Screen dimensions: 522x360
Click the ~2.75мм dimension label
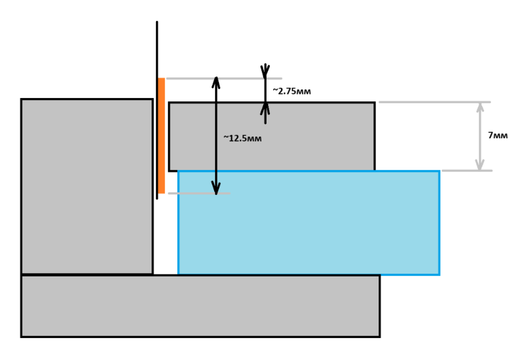point(292,91)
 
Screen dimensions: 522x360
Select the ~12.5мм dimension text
point(243,138)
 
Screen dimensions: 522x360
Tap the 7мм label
point(498,135)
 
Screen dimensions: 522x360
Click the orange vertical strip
point(162,136)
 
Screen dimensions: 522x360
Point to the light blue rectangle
point(309,223)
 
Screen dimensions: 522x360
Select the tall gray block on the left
point(87,186)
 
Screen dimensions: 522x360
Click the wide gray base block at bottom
point(200,306)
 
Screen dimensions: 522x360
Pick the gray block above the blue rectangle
point(272,137)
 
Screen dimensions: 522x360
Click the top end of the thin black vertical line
point(157,21)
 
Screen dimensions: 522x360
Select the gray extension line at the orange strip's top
point(224,79)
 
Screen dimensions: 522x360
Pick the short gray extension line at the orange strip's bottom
point(199,193)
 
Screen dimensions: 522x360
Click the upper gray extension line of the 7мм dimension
point(435,102)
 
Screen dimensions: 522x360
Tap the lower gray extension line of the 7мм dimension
point(467,170)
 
